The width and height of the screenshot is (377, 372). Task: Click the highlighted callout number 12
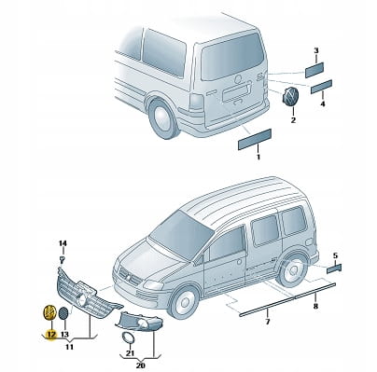coord(50,335)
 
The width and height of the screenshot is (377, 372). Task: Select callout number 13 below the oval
coord(64,335)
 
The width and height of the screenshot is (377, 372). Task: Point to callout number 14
coord(63,243)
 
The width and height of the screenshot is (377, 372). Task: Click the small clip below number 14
coord(63,258)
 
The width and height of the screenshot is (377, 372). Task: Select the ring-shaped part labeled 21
coord(128,338)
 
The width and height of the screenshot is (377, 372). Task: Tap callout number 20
coord(141,365)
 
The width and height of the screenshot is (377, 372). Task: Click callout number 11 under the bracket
coord(69,347)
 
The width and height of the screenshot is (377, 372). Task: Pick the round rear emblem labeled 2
coord(290,97)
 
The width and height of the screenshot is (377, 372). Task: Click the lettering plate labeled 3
coord(314,70)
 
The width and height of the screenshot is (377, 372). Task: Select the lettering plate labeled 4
coord(322,87)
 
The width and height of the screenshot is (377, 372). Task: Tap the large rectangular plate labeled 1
coord(255,139)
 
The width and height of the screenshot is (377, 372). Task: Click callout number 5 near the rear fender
coord(335,255)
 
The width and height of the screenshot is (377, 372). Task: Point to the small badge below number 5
coord(334,269)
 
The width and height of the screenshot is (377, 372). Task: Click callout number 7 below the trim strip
coord(268,321)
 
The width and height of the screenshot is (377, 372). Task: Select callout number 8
coord(315,306)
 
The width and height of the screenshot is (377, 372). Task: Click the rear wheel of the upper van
coord(162,118)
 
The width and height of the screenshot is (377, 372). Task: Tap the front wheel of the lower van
coord(184,302)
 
